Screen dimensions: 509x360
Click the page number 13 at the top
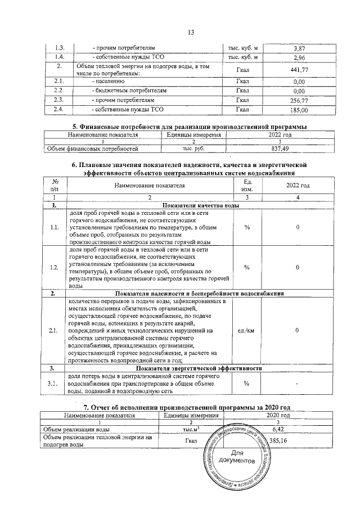click(190, 33)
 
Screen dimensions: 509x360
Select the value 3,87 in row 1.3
click(299, 49)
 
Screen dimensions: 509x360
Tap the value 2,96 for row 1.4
click(299, 58)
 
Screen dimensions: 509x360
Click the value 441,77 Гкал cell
click(299, 70)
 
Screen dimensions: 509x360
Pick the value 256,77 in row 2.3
click(299, 100)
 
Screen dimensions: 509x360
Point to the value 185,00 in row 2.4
click(299, 109)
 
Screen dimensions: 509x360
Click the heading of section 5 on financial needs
click(190, 127)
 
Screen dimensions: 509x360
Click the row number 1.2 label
click(55, 267)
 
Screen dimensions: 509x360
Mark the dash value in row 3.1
click(298, 384)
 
